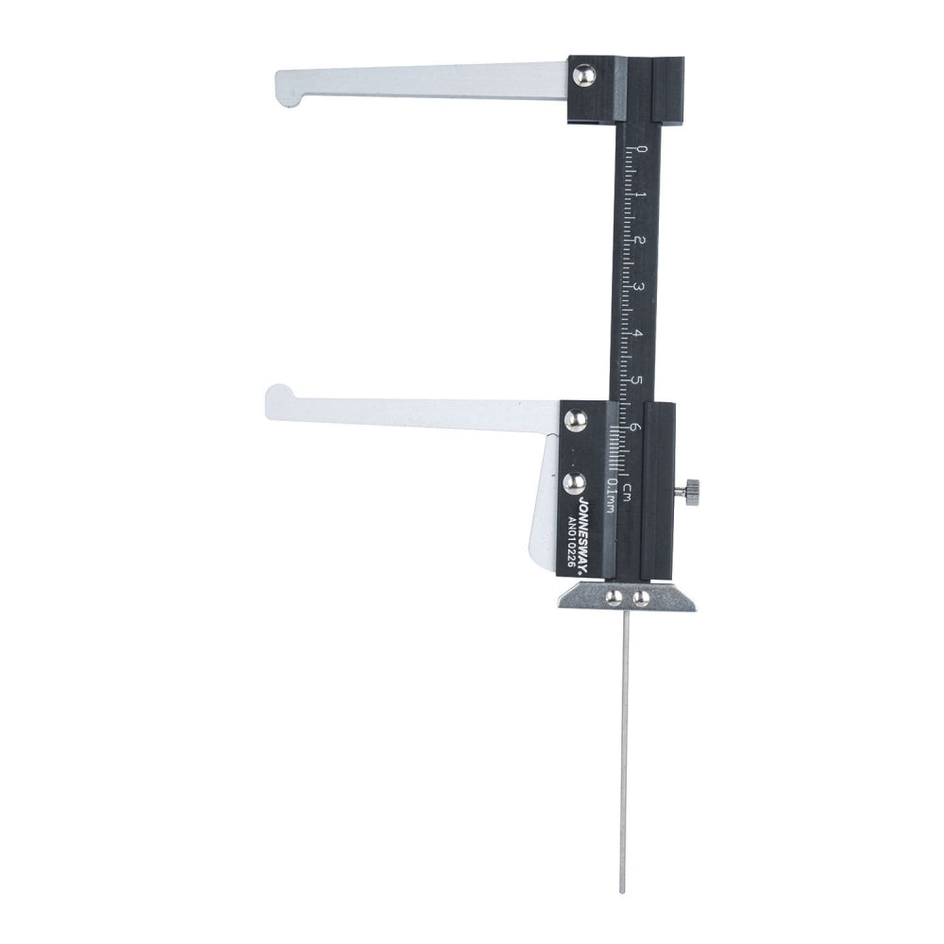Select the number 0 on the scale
pyautogui.click(x=642, y=149)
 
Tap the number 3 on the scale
pyautogui.click(x=639, y=287)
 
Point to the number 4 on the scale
pyautogui.click(x=638, y=333)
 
